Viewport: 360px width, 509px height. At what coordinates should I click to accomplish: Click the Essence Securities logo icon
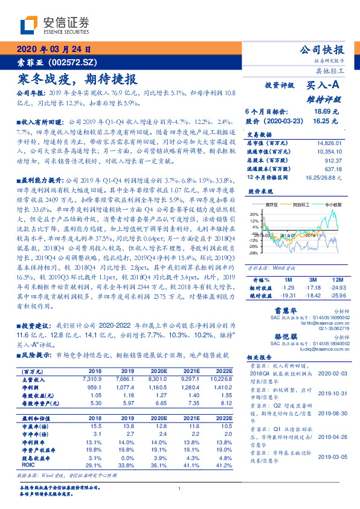(30, 25)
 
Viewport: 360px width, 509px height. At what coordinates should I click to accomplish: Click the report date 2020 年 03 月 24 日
(53, 50)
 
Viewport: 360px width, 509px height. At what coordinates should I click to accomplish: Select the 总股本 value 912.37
(335, 161)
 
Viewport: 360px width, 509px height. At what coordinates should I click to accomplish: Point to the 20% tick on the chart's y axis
(253, 213)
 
